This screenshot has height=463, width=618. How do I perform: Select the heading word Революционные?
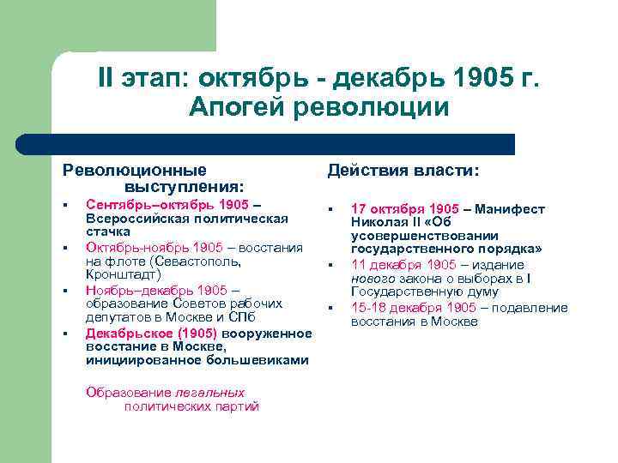coord(135,170)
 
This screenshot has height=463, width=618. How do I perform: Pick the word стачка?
coord(107,231)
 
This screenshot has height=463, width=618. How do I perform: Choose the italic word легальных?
coord(209,393)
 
